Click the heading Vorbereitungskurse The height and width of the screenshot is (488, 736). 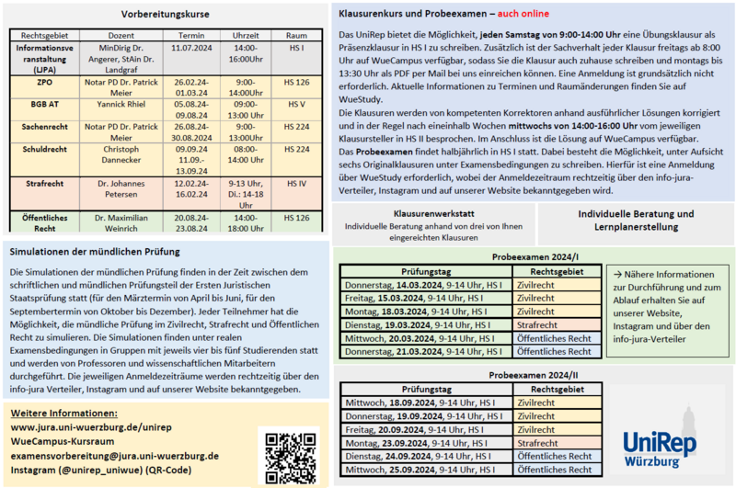click(166, 15)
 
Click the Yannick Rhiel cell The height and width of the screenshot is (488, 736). click(121, 105)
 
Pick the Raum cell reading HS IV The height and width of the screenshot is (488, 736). click(296, 183)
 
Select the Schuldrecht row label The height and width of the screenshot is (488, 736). click(44, 149)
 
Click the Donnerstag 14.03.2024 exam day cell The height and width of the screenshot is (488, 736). click(425, 285)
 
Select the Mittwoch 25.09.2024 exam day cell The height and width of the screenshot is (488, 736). click(425, 468)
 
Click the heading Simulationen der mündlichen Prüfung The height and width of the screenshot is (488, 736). click(95, 251)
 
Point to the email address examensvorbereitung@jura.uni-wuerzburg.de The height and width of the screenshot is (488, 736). click(121, 456)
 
